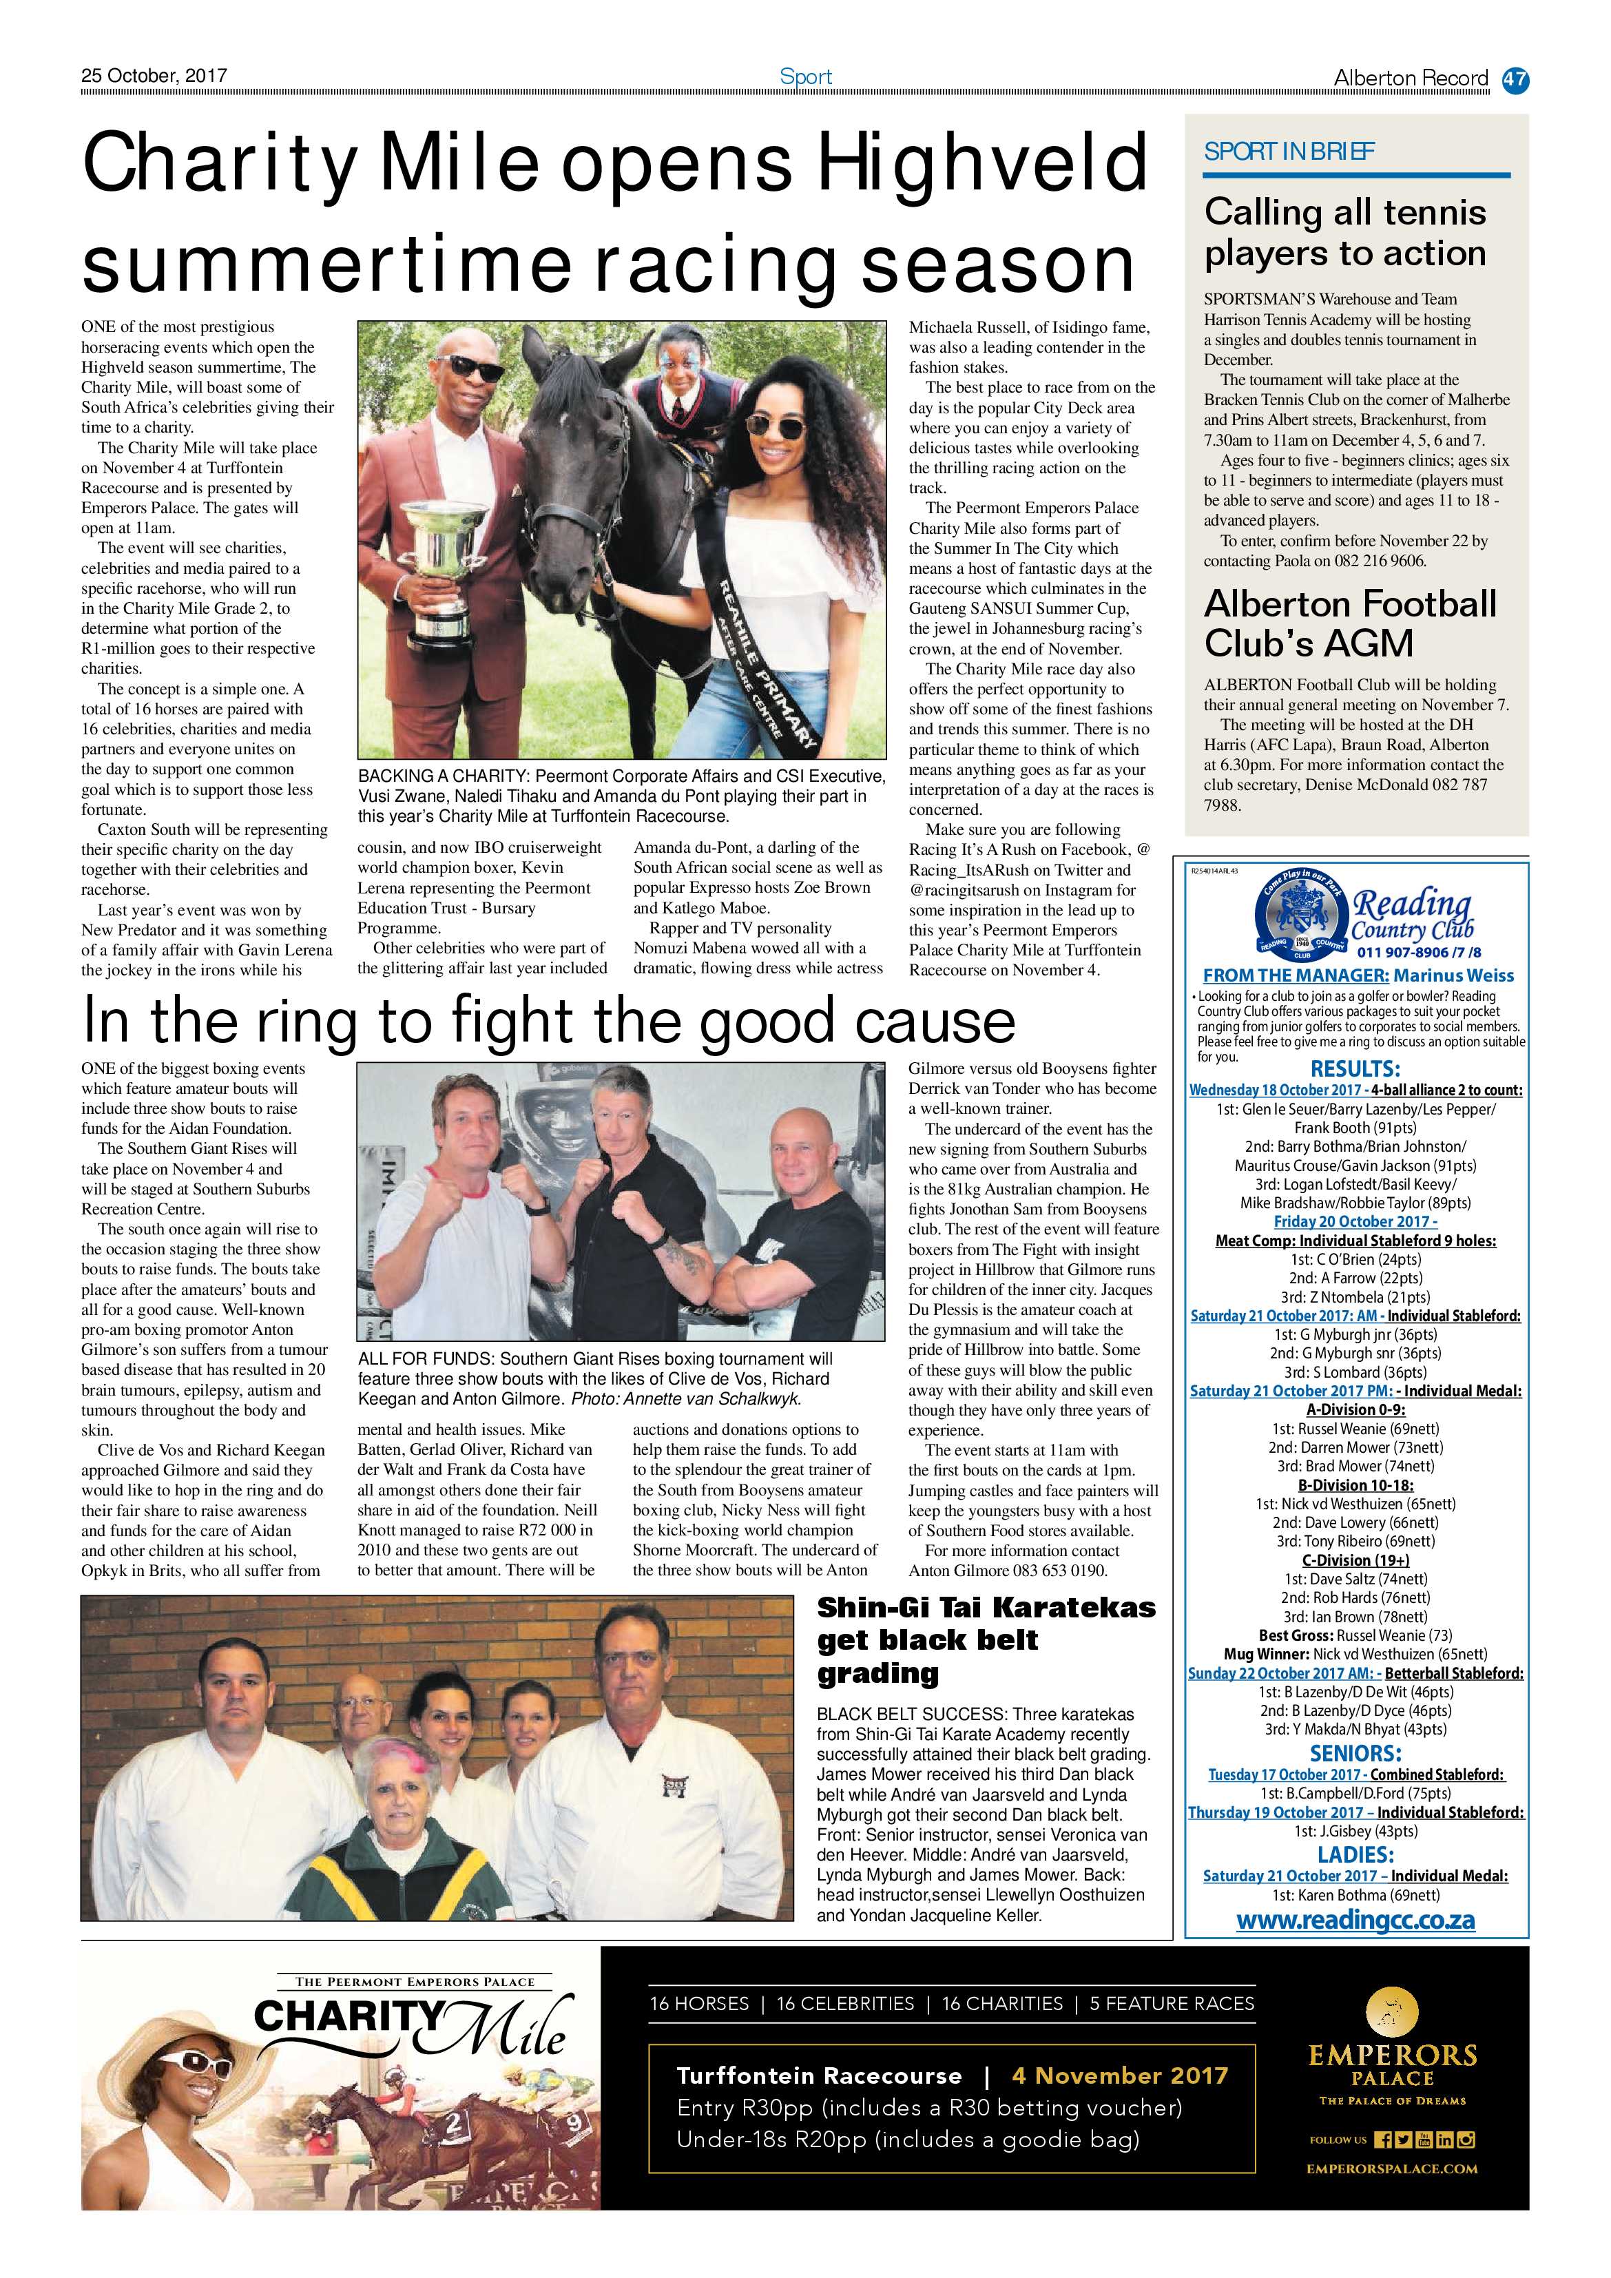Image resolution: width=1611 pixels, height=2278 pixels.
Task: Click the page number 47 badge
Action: pos(1515,79)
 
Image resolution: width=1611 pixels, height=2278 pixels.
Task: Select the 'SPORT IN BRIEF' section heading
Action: pos(1289,152)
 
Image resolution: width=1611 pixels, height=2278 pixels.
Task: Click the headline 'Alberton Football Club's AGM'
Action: pos(1349,623)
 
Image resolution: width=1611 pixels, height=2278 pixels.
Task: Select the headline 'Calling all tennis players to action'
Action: pos(1344,232)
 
